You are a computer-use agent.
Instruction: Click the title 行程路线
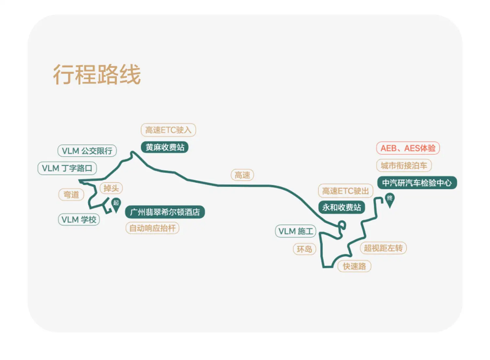(97, 74)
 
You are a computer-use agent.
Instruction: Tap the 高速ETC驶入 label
(168, 130)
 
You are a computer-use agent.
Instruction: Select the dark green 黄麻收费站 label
(165, 147)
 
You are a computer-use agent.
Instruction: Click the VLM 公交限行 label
(87, 151)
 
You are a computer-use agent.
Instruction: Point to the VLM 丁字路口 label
(67, 168)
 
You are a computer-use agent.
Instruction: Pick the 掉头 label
(111, 188)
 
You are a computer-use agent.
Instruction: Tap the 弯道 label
(71, 195)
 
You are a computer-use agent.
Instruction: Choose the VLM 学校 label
(79, 220)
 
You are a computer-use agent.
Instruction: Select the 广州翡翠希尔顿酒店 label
(165, 212)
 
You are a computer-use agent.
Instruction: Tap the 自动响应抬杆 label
(152, 228)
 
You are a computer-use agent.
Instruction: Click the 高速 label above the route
(242, 175)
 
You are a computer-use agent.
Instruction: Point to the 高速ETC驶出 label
(345, 191)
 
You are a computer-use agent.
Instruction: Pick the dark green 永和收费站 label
(341, 207)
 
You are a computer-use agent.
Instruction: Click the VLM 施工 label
(295, 231)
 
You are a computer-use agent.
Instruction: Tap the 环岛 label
(304, 249)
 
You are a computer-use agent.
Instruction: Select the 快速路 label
(354, 266)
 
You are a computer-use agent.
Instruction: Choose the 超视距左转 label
(383, 248)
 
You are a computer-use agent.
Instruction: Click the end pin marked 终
(390, 199)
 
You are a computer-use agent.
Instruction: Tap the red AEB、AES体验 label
(408, 148)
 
